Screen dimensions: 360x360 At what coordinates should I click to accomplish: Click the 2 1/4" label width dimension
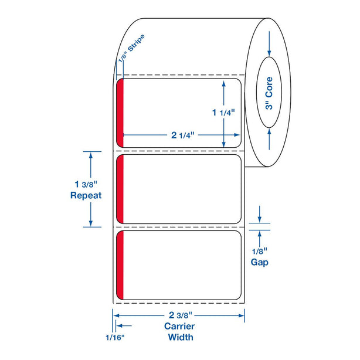(x=182, y=135)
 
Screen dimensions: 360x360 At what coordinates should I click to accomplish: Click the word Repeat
(x=86, y=196)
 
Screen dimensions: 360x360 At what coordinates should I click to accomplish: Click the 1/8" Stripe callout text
(x=131, y=50)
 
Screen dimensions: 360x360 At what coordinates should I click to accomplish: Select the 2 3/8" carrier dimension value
(x=180, y=315)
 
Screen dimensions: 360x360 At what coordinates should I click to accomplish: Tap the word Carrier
(x=180, y=326)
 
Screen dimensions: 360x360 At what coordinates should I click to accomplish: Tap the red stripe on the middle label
(x=121, y=189)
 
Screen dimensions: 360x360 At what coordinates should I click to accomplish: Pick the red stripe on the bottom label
(x=121, y=265)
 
